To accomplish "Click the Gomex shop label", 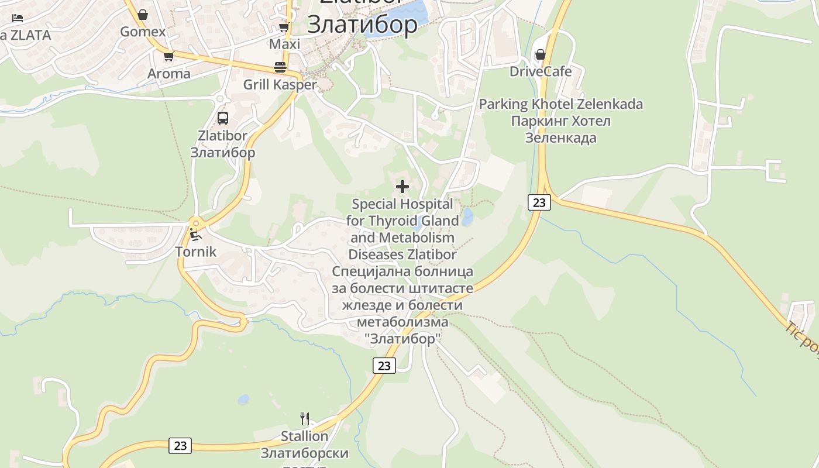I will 143,32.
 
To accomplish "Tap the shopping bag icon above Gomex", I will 143,15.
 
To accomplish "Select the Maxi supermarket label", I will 284,44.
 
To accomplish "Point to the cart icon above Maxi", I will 284,27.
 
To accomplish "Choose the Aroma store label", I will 168,74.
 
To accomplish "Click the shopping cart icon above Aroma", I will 168,57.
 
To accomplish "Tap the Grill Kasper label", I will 280,84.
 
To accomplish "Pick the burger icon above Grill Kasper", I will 280,67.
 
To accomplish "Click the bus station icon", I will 223,118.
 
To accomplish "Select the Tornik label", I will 196,252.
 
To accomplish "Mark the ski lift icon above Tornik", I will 196,235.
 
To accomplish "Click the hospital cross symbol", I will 402,187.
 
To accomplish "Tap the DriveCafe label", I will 541,71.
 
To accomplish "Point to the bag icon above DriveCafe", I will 541,54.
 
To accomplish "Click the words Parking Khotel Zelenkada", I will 560,104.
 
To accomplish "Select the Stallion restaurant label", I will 304,436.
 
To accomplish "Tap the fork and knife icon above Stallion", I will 304,419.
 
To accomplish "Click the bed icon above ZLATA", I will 18,18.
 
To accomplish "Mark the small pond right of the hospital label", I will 467,217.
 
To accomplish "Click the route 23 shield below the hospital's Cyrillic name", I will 384,366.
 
